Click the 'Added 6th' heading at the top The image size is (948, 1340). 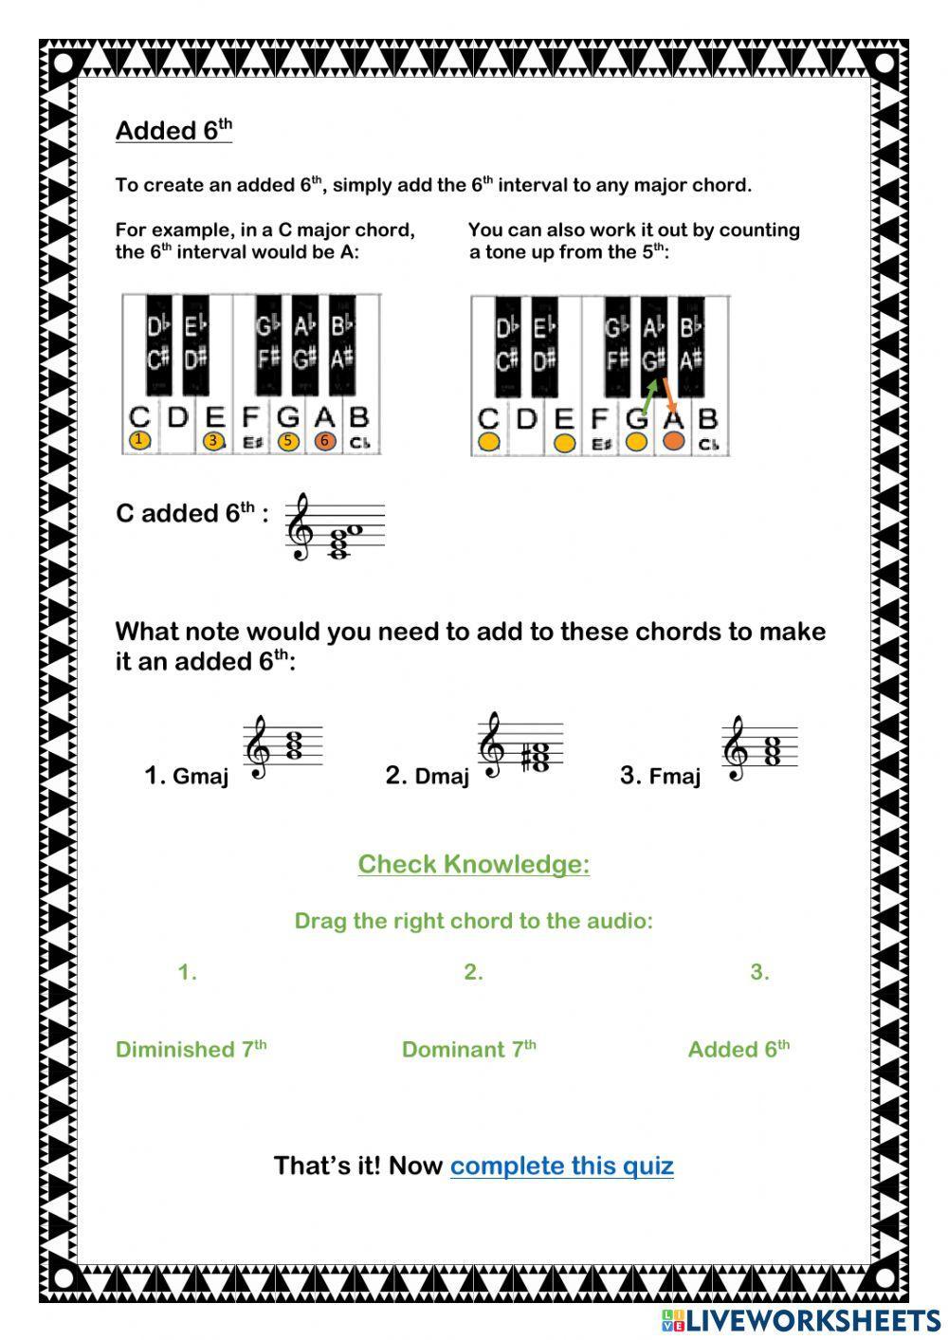click(x=173, y=130)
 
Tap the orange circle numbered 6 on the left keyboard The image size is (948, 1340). click(x=324, y=440)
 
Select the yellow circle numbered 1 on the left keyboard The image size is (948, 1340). click(x=139, y=440)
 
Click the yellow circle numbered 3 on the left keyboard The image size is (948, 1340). click(x=214, y=440)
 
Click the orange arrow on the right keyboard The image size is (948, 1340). click(x=667, y=395)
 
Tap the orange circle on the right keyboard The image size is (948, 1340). click(x=673, y=441)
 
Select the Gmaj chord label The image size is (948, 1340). click(x=200, y=777)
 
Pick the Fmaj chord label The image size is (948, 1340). click(x=674, y=777)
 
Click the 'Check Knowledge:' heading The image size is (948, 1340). click(x=473, y=864)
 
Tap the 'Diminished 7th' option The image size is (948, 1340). click(x=191, y=1049)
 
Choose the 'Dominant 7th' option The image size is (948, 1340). click(x=468, y=1049)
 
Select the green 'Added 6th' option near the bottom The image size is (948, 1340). click(x=738, y=1049)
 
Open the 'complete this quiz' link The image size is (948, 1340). click(x=561, y=1166)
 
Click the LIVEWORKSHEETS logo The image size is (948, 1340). click(x=801, y=1320)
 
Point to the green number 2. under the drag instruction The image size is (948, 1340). click(x=473, y=972)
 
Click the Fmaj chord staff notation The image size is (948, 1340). click(x=760, y=749)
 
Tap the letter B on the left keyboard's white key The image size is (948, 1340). click(x=358, y=417)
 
